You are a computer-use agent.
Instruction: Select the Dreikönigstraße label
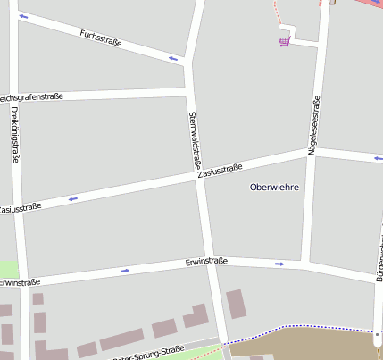coord(15,135)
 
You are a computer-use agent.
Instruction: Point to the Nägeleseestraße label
coord(313,126)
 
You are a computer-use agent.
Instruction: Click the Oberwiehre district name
coord(274,187)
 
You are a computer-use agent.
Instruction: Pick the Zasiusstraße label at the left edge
coord(20,208)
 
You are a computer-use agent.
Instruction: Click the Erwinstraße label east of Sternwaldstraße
coord(206,262)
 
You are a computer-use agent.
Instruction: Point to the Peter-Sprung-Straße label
coord(148,353)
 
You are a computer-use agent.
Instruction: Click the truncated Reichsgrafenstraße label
coord(31,96)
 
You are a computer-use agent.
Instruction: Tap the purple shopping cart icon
coord(284,40)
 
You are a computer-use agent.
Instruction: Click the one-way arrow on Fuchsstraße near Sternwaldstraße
coord(173,59)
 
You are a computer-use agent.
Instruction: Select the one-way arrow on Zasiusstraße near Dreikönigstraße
coord(72,198)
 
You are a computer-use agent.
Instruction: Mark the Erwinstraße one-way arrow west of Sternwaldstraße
coord(125,270)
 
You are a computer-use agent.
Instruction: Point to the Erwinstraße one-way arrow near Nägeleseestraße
coord(279,264)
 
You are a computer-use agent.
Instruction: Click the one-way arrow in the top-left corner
coord(22,16)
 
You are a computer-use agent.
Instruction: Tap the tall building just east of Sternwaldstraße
coord(236,304)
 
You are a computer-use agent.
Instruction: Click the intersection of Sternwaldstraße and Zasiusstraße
coord(201,176)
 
